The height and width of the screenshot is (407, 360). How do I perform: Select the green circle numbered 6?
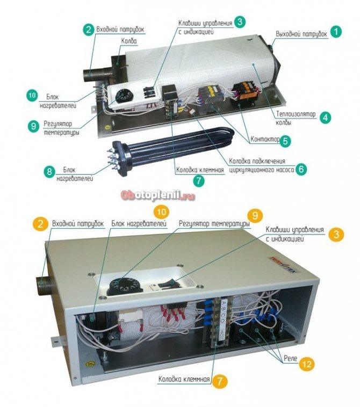(301, 169)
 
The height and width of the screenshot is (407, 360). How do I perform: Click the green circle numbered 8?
(49, 172)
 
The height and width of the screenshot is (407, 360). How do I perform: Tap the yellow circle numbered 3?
(336, 234)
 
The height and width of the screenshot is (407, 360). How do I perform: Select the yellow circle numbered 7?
(219, 381)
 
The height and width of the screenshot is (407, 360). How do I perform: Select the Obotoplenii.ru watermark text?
(158, 195)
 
